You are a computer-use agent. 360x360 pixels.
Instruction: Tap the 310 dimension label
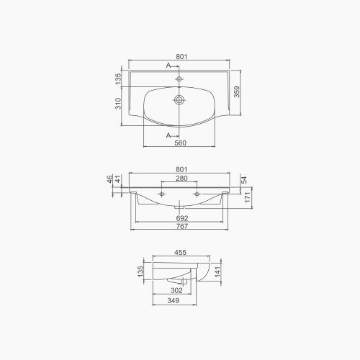coord(117,107)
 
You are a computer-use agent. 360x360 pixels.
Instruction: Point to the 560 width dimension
coord(180,143)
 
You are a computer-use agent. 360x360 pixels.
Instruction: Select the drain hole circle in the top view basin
coord(179,100)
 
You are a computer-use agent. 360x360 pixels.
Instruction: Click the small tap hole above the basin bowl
coord(179,78)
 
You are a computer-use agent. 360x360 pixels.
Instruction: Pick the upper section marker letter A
coord(168,66)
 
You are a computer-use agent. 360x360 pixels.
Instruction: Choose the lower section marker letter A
coord(168,135)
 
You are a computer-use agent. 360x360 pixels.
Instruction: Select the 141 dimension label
coord(219,271)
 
